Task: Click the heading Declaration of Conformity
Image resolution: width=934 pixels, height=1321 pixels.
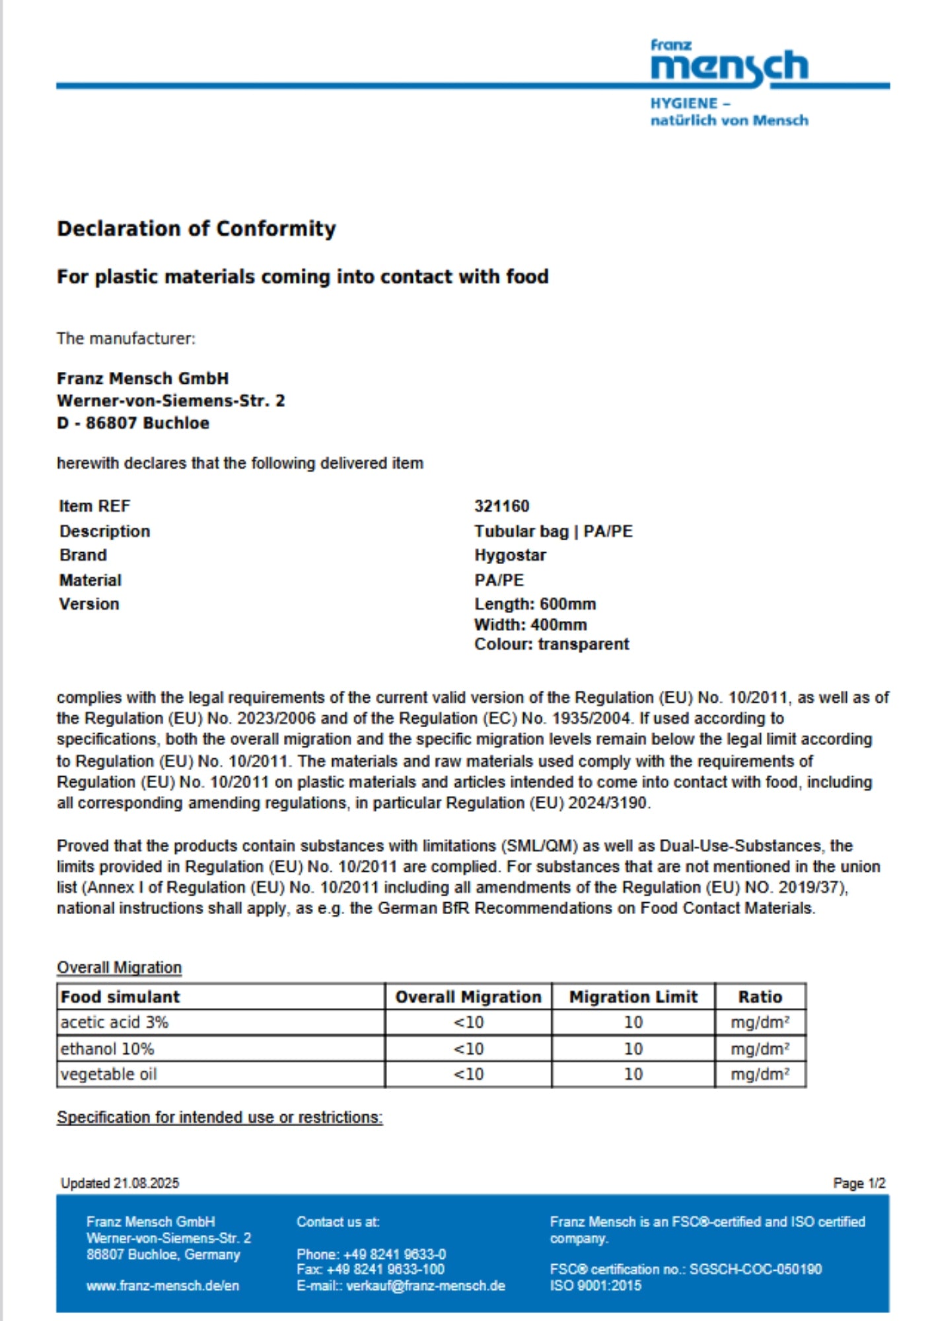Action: pos(196,229)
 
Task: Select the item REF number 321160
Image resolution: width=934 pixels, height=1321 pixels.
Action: pos(501,506)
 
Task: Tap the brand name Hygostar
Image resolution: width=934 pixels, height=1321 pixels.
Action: pos(510,555)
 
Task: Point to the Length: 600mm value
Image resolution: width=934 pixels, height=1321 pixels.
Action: pos(535,604)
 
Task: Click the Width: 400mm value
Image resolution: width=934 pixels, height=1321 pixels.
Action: pos(530,624)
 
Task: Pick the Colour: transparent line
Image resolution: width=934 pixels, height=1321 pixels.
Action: pos(552,644)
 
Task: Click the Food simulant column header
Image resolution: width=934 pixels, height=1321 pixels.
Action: pos(120,997)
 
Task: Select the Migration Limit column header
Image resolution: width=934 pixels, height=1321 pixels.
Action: pos(633,997)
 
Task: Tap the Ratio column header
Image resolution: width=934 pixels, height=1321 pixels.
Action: pos(760,997)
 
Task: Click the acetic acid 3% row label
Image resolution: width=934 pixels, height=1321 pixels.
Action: pos(114,1022)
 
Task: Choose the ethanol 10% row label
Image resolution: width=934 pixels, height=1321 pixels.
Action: pos(107,1049)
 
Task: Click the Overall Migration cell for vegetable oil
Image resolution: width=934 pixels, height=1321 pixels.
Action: pos(468,1075)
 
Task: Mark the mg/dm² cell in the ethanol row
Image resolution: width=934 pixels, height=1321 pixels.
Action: pos(760,1049)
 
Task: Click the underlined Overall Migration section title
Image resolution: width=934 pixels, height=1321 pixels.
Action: pos(119,968)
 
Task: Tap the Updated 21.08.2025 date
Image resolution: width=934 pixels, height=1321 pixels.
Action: pos(120,1183)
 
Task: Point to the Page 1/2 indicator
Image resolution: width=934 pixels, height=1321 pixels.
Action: pos(859,1183)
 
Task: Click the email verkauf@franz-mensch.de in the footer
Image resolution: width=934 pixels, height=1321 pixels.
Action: pos(425,1286)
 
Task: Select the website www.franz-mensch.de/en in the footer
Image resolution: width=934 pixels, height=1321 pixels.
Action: pos(162,1286)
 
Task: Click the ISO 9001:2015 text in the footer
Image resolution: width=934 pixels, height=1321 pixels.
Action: pos(595,1285)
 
